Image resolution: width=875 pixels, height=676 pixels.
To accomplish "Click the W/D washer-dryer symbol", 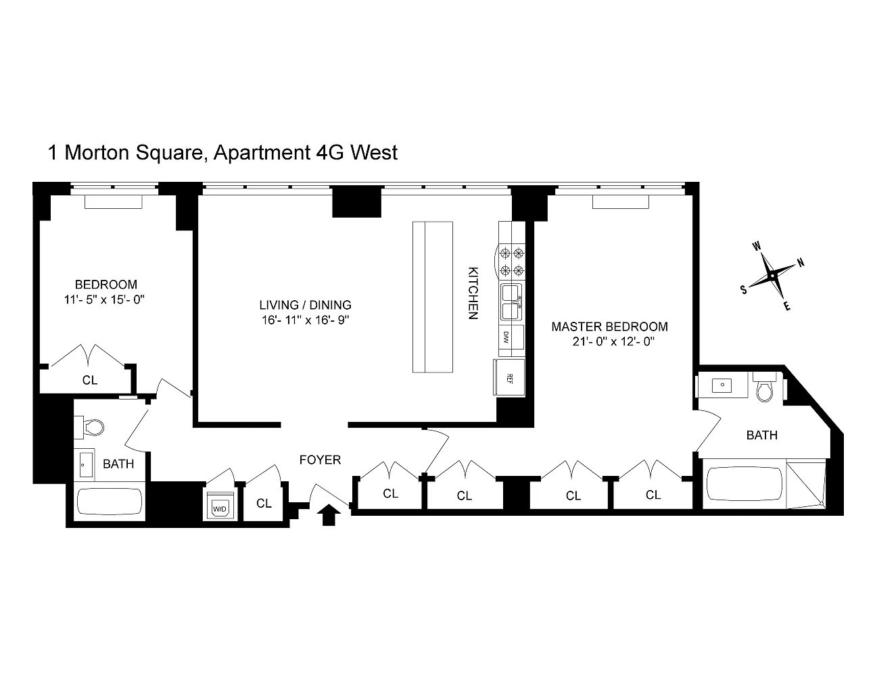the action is [220, 505].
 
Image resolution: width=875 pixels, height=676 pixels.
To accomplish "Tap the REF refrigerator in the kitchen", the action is [509, 377].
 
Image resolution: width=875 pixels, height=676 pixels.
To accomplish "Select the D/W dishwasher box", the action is [511, 337].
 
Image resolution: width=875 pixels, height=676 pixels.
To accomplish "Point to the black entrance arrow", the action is [329, 514].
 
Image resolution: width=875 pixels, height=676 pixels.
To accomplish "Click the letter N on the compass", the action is [801, 263].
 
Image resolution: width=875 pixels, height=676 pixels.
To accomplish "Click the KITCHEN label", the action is [473, 293].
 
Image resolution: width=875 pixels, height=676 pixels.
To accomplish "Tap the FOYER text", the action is [320, 460].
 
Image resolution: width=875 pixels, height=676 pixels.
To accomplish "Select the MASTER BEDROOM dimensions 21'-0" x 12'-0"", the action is [614, 341].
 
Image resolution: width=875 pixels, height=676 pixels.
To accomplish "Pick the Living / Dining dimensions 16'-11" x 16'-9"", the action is [305, 320].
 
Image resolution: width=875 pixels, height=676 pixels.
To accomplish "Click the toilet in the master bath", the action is [764, 387].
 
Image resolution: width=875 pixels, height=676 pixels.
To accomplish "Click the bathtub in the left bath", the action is [110, 502].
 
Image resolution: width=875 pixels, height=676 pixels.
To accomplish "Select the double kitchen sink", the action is [511, 302].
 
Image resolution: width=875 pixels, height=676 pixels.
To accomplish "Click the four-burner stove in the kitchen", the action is [512, 262].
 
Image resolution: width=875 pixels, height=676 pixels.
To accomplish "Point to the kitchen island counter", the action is [433, 297].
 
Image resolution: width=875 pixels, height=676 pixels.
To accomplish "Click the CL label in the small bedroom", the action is [90, 380].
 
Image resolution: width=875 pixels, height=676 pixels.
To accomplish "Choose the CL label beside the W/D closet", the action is [264, 503].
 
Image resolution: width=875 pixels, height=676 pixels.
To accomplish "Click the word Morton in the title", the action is [96, 153].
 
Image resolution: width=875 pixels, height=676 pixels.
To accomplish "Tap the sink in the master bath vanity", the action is [723, 385].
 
